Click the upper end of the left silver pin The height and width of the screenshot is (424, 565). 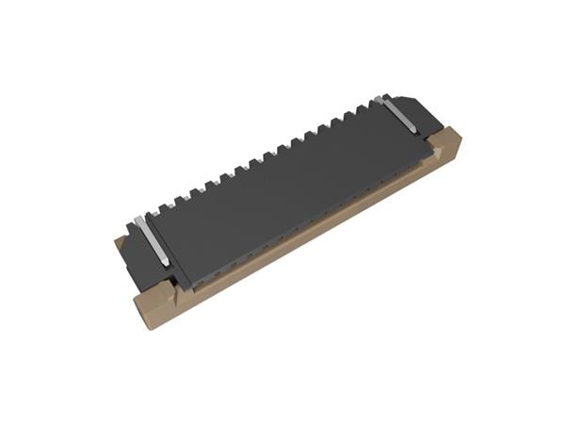(139, 220)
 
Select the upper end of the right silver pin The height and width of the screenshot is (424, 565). (379, 98)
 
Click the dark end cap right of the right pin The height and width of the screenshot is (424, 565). (419, 113)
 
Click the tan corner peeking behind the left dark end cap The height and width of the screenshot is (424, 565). (120, 242)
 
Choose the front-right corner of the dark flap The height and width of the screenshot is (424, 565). (432, 144)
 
